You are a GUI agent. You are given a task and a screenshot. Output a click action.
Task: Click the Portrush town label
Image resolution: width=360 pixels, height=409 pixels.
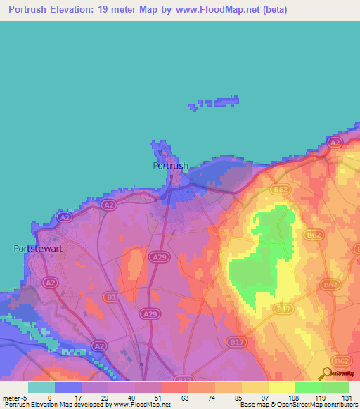[x=171, y=166]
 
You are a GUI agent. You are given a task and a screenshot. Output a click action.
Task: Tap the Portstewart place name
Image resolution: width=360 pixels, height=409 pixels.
[x=40, y=248]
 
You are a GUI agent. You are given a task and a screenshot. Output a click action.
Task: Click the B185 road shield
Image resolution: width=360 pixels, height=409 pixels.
[x=113, y=297]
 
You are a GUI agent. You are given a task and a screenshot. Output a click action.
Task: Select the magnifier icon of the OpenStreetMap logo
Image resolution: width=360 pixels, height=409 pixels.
[x=328, y=374]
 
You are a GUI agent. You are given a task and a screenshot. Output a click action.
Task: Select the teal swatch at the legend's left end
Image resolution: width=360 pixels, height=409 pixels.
[x=41, y=387]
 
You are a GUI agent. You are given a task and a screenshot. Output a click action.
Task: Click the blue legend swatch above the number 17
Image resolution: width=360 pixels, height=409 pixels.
[x=68, y=387]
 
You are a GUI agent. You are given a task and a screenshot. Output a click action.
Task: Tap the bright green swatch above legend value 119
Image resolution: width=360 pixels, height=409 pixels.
[x=308, y=387]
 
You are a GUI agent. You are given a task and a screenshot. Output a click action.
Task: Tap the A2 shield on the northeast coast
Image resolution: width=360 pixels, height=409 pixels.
[x=335, y=142]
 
